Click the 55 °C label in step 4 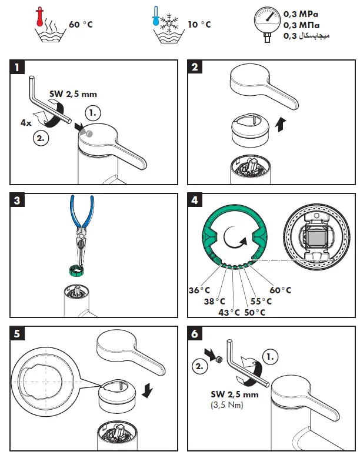[261, 300]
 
